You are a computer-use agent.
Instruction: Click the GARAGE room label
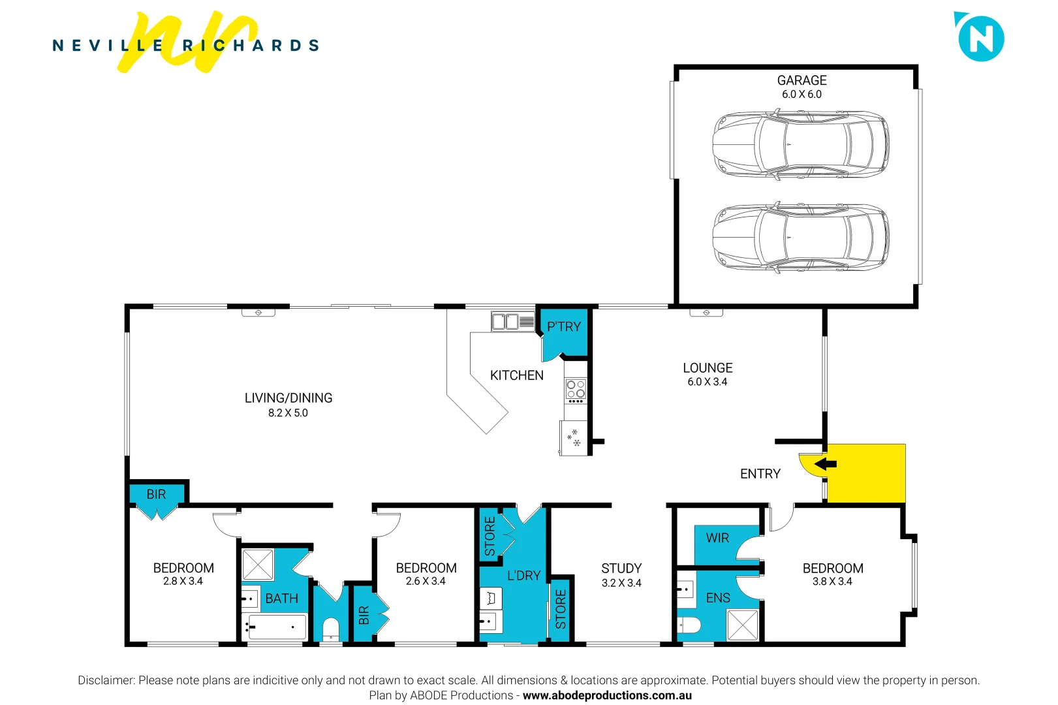[801, 80]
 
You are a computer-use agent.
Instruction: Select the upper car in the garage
[800, 144]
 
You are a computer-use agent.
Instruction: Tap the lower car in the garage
[800, 236]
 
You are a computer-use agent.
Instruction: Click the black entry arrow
[826, 465]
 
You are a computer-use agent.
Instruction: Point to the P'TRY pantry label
[563, 327]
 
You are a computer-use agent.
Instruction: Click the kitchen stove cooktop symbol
[576, 389]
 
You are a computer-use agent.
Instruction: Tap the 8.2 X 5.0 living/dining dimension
[288, 413]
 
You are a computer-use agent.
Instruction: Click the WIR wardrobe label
[717, 539]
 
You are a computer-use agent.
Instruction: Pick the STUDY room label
[621, 569]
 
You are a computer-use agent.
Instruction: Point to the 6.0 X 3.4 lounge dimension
[708, 382]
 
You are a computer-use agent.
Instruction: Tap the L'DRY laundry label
[523, 576]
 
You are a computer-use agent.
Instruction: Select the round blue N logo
[981, 38]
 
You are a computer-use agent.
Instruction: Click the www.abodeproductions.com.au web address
[607, 696]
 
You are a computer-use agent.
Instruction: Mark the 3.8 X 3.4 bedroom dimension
[832, 582]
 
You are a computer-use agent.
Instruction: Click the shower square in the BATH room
[258, 565]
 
